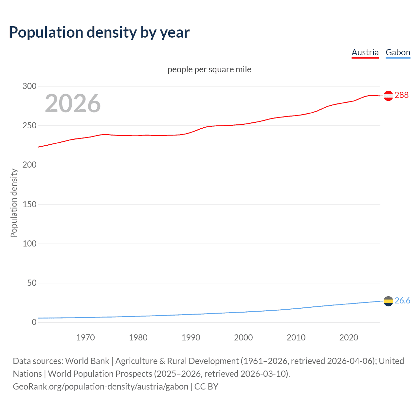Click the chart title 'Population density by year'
[99, 32]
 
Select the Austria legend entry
[365, 52]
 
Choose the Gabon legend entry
[398, 52]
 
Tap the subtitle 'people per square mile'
[209, 69]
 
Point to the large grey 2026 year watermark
[73, 103]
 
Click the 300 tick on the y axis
[29, 86]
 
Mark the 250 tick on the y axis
[29, 126]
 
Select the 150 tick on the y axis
[29, 204]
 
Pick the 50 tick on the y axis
[32, 283]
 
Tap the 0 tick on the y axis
[34, 322]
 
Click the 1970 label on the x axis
[85, 337]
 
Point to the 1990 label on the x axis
[191, 337]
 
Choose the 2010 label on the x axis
[296, 337]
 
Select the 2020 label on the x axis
[349, 337]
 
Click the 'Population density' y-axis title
[14, 203]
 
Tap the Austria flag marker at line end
[388, 96]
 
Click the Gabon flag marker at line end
[388, 301]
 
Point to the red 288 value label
[402, 95]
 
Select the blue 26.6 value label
[402, 301]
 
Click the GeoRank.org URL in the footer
[100, 387]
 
